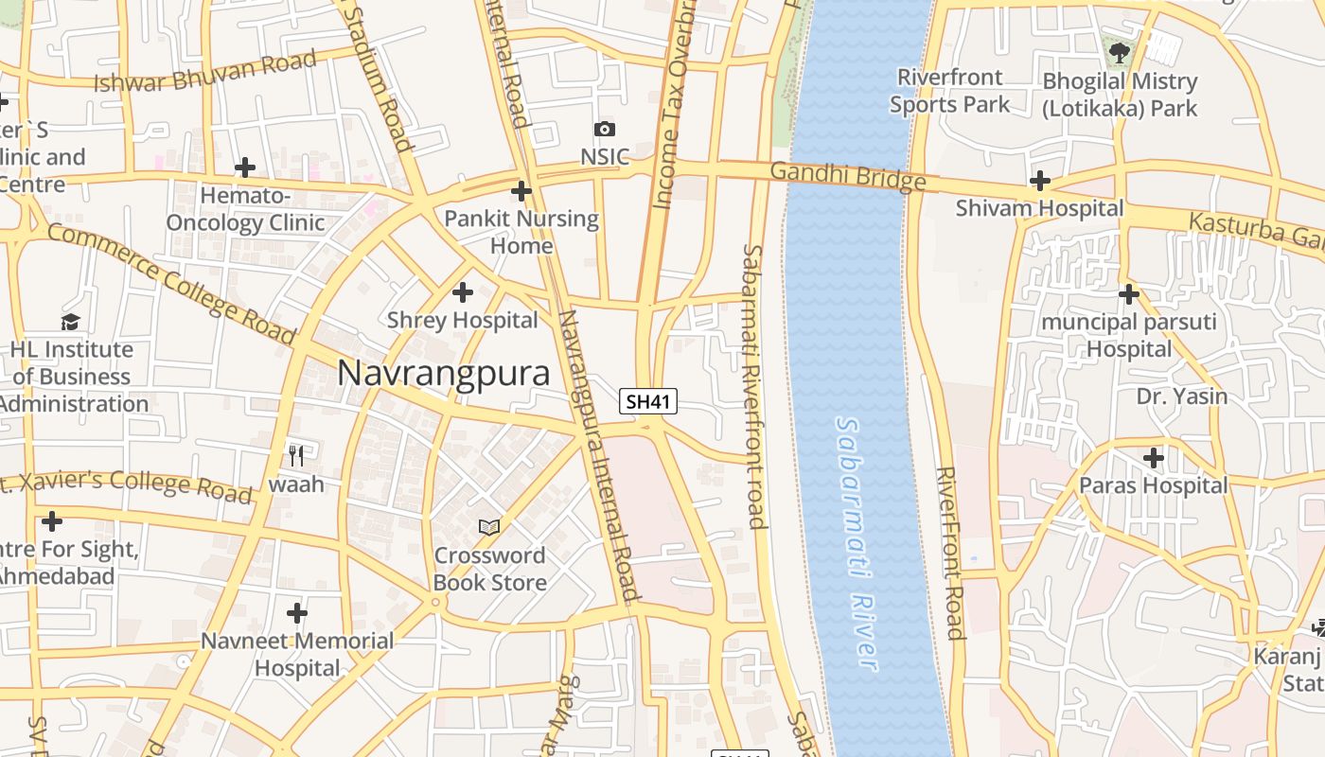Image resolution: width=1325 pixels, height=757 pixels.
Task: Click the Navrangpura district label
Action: [443, 373]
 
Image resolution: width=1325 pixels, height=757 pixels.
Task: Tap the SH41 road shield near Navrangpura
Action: [649, 401]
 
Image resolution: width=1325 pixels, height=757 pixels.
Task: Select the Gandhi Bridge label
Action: [847, 177]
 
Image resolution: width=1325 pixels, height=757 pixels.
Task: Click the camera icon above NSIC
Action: [605, 129]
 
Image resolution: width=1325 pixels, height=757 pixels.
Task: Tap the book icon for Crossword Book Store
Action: [489, 527]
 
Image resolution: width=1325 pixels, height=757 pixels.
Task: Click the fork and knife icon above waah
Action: [296, 456]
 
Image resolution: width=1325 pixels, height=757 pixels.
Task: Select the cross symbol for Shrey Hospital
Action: [463, 292]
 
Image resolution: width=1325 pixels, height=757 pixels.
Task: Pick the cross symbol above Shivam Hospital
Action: [1040, 181]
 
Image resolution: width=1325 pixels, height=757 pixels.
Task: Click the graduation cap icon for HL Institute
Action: [71, 323]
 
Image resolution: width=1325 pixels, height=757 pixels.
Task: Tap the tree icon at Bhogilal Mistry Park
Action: [1120, 52]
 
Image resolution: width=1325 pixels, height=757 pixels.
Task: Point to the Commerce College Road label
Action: [171, 284]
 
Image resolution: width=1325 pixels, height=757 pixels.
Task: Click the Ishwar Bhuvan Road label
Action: [204, 73]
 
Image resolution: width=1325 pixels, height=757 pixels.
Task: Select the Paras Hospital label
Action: [1153, 485]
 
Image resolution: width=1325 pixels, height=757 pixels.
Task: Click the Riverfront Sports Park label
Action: [949, 91]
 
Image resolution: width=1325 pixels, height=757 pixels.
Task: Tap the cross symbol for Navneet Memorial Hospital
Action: [297, 613]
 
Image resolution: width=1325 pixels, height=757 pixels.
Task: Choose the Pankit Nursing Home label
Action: [521, 232]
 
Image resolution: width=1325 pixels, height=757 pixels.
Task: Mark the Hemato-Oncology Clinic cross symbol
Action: [245, 168]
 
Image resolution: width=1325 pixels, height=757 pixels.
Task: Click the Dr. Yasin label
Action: [1181, 396]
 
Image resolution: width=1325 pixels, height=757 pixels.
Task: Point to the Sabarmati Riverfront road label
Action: [754, 386]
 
